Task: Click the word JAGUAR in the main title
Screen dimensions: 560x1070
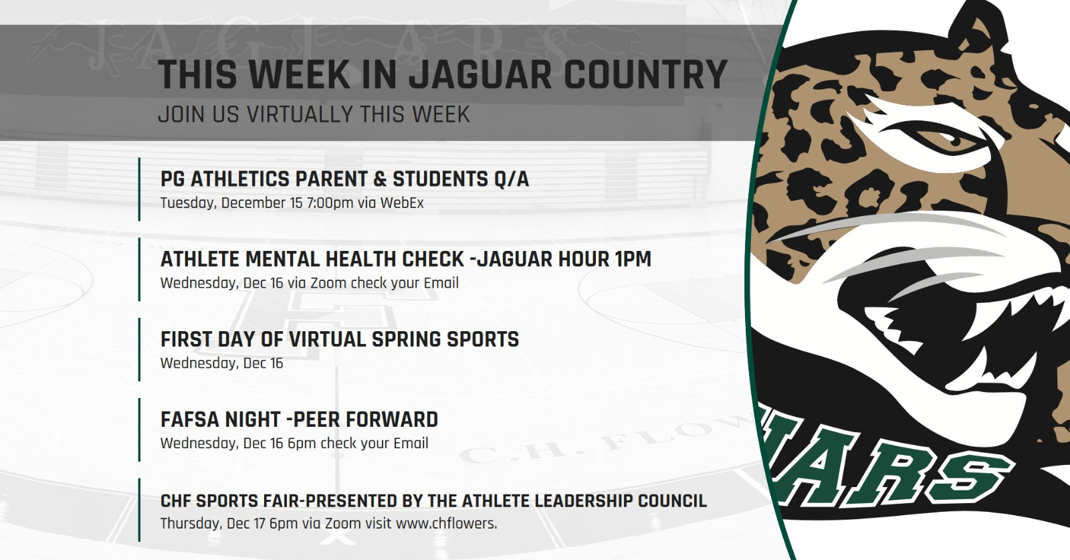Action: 480,74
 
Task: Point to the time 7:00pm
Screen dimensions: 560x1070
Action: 330,203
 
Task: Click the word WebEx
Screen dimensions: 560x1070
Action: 402,203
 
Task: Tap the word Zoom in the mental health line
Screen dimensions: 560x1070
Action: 328,283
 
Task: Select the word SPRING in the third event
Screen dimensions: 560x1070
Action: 406,339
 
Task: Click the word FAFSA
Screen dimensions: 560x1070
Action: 187,419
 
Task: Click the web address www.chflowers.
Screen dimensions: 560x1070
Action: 446,523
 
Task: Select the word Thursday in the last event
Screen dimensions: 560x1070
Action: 191,523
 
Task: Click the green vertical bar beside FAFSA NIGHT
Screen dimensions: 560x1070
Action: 139,430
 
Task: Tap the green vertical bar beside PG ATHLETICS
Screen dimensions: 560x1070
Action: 139,189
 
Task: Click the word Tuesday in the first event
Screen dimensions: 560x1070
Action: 188,203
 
